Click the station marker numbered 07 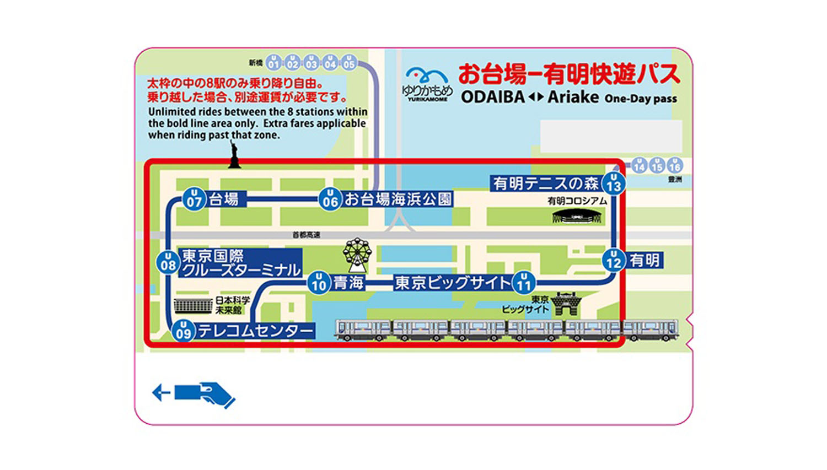[194, 199]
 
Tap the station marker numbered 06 [330, 199]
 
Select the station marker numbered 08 [168, 263]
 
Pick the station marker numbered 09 [184, 331]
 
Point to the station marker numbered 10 [319, 283]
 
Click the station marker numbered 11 [523, 283]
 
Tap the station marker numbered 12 [614, 260]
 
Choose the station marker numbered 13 [614, 183]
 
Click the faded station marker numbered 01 [273, 63]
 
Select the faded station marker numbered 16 [674, 165]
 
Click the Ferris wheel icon [357, 254]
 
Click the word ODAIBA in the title [492, 97]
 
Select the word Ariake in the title [573, 97]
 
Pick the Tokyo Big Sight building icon [566, 305]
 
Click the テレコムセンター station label [255, 331]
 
